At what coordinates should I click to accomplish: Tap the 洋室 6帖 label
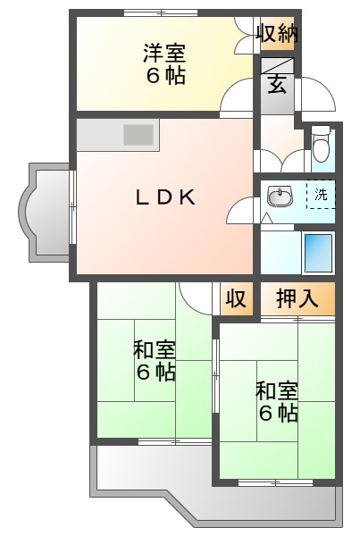[x=165, y=64]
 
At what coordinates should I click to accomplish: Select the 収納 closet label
[x=277, y=35]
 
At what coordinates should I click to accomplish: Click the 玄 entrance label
[x=277, y=87]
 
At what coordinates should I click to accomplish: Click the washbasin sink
[x=280, y=196]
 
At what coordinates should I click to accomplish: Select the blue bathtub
[x=317, y=253]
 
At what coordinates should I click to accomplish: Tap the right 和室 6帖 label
[x=277, y=401]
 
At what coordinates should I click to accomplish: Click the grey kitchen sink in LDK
[x=138, y=136]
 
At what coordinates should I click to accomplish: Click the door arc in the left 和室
[x=195, y=297]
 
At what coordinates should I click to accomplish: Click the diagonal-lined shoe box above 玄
[x=277, y=66]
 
